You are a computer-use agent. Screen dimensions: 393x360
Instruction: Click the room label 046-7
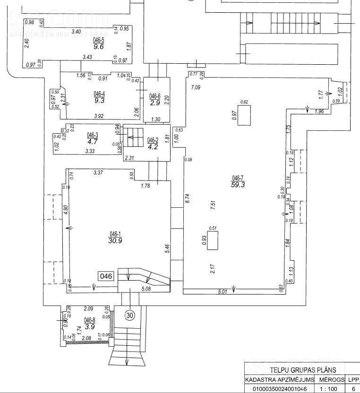point(237,178)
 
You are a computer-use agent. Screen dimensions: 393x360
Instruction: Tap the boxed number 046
point(106,276)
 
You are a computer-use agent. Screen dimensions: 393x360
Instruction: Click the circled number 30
point(130,314)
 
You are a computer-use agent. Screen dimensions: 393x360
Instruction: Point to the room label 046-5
point(98,41)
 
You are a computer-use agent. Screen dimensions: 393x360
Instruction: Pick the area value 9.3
point(99,100)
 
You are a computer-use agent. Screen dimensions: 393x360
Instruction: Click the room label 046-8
point(90,320)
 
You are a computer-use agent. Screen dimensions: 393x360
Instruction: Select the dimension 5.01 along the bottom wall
point(223,292)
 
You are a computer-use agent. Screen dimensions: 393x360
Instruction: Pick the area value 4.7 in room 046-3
point(92,141)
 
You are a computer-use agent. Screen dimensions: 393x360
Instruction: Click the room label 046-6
point(155,96)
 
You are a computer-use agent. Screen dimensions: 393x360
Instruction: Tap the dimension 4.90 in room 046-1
point(66,210)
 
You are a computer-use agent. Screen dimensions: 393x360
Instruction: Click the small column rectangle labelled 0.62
point(244,115)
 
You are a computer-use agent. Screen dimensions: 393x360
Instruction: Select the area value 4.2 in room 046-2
point(153,146)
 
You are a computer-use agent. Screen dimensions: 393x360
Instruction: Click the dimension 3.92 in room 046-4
point(98,116)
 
